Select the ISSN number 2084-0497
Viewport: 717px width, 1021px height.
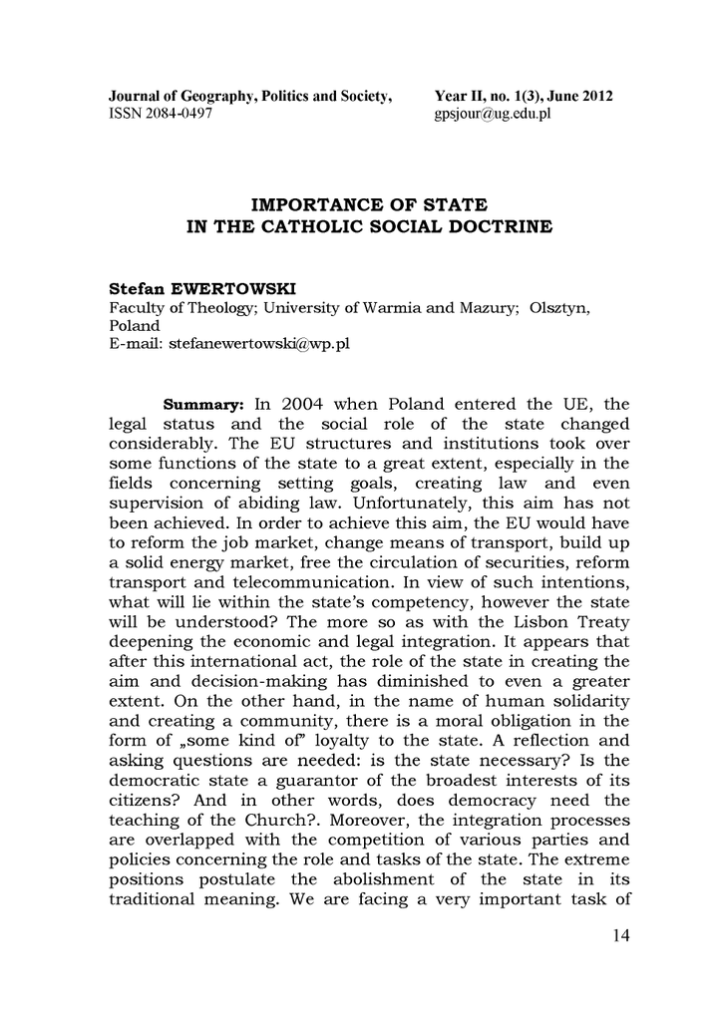click(x=179, y=114)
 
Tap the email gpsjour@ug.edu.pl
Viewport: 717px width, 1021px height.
click(x=493, y=114)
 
